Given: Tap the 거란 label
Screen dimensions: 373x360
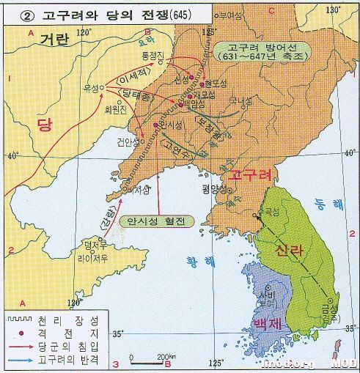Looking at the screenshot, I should pos(54,40).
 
